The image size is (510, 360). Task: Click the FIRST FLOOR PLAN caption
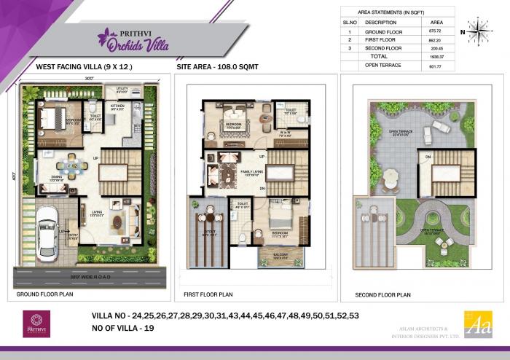(209, 294)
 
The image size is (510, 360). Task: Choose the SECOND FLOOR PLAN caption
(382, 295)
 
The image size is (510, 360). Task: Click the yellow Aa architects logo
(478, 324)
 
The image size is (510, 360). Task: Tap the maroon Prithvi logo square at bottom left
(36, 324)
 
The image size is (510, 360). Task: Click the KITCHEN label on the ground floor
(117, 106)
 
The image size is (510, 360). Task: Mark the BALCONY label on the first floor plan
(271, 255)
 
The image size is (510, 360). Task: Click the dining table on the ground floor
(71, 165)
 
